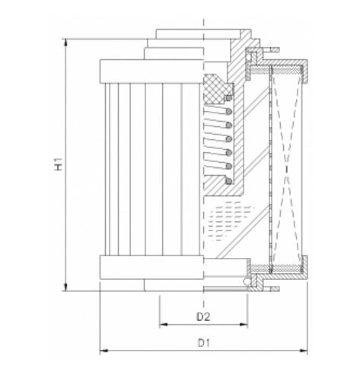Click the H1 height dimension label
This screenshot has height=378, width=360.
59,164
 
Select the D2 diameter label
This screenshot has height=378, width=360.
203,315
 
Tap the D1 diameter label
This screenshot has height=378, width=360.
203,343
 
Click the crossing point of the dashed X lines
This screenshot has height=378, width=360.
288,164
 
